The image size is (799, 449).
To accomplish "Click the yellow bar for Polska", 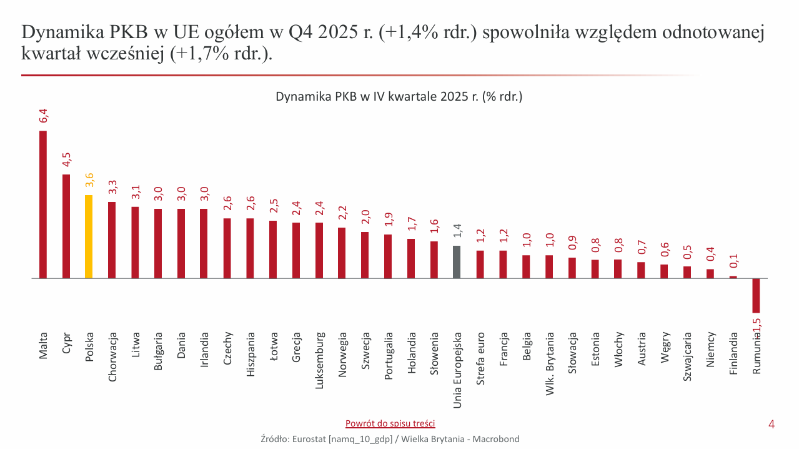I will [x=89, y=236].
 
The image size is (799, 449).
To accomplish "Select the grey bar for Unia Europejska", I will [x=457, y=262].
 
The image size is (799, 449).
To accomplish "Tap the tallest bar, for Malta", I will [x=43, y=204].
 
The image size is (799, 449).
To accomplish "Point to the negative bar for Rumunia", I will [x=756, y=295].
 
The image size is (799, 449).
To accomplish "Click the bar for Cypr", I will [x=66, y=226].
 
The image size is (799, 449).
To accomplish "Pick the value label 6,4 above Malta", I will [x=43, y=116].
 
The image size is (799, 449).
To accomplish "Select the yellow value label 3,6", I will [x=89, y=180].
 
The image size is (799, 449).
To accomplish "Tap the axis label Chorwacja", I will [x=112, y=356].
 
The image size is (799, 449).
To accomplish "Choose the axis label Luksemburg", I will [x=319, y=360].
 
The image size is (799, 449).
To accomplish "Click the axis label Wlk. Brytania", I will [x=550, y=363].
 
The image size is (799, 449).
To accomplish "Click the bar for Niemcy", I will [x=710, y=273].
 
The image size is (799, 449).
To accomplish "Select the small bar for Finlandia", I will [x=733, y=276].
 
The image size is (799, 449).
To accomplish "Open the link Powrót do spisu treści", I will [x=390, y=423].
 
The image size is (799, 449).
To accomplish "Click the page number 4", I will [x=772, y=425].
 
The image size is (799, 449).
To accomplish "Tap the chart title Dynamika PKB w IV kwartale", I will [x=399, y=97].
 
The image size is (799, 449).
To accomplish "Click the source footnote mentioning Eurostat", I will [x=390, y=439].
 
